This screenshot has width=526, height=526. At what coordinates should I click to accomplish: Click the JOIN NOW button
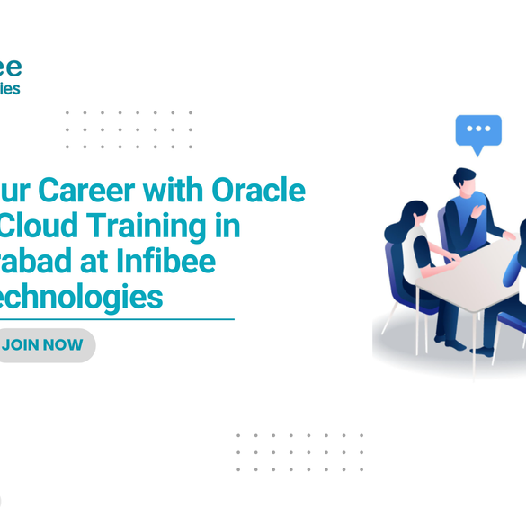click(45, 346)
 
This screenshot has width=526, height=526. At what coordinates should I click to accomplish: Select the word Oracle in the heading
click(258, 191)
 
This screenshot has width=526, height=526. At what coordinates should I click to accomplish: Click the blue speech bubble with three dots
click(477, 131)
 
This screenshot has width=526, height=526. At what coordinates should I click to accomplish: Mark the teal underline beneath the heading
click(117, 318)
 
